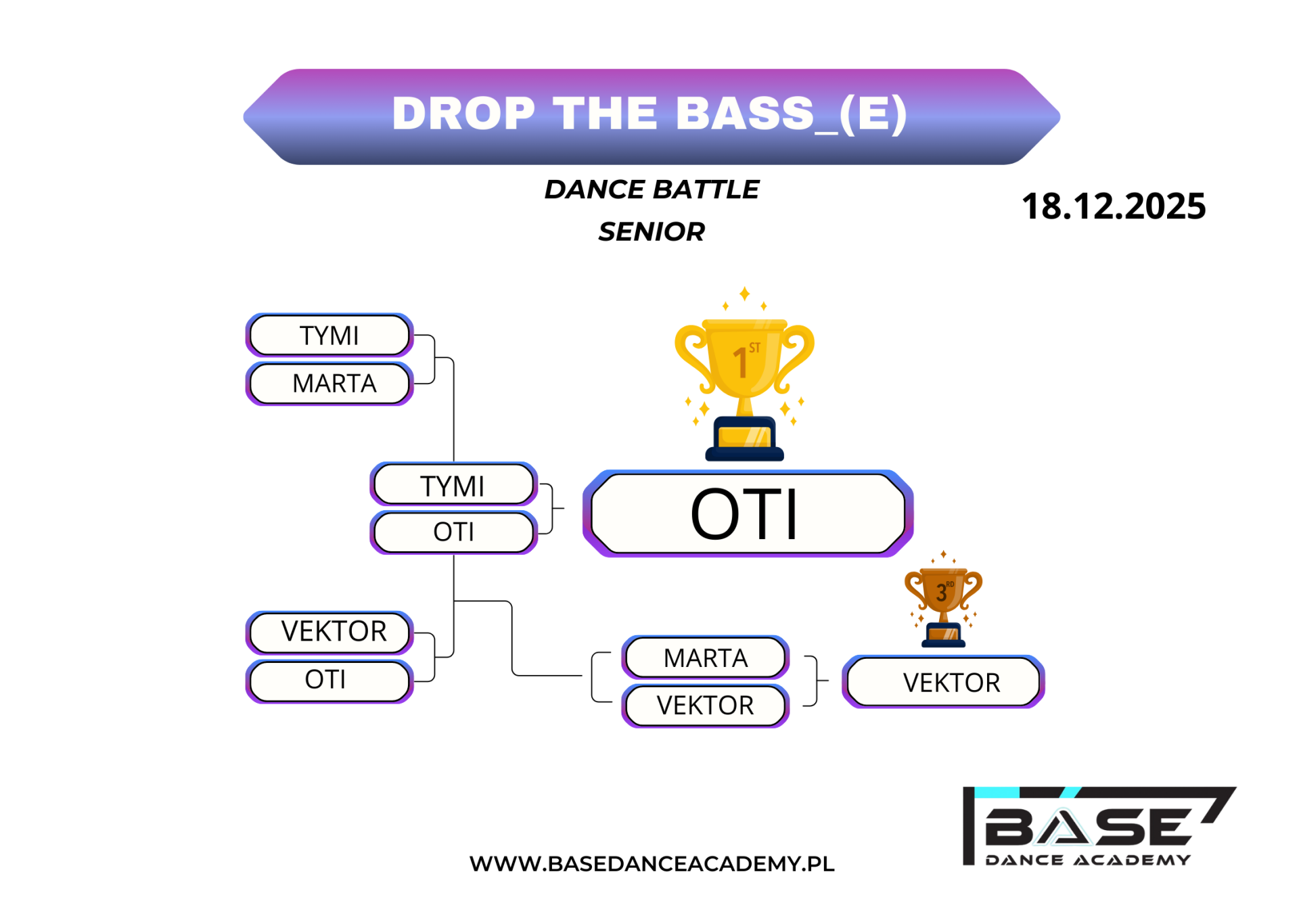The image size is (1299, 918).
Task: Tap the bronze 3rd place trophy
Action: click(x=943, y=599)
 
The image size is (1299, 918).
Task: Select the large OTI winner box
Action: click(x=748, y=513)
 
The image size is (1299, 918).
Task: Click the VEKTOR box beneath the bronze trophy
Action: click(x=943, y=682)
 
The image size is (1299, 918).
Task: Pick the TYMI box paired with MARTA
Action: click(x=329, y=335)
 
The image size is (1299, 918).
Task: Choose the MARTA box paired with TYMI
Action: click(x=329, y=384)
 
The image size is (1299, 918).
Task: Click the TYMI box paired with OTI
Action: click(x=453, y=484)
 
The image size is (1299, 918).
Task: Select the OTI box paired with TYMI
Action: click(x=453, y=532)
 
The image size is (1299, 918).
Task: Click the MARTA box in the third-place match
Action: click(x=706, y=658)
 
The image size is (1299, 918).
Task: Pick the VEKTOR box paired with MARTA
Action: click(x=706, y=706)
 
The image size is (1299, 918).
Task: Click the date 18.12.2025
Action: click(x=1114, y=206)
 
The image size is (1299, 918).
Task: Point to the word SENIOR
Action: click(x=652, y=232)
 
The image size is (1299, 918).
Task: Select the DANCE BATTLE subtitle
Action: click(x=652, y=189)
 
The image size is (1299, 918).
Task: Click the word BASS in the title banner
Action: click(x=744, y=113)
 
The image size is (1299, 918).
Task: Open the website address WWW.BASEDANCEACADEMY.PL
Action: click(x=652, y=864)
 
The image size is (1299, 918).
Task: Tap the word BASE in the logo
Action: click(x=1089, y=827)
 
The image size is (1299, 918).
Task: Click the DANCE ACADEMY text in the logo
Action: click(x=1088, y=860)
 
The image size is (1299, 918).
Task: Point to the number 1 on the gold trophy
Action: click(x=740, y=362)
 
